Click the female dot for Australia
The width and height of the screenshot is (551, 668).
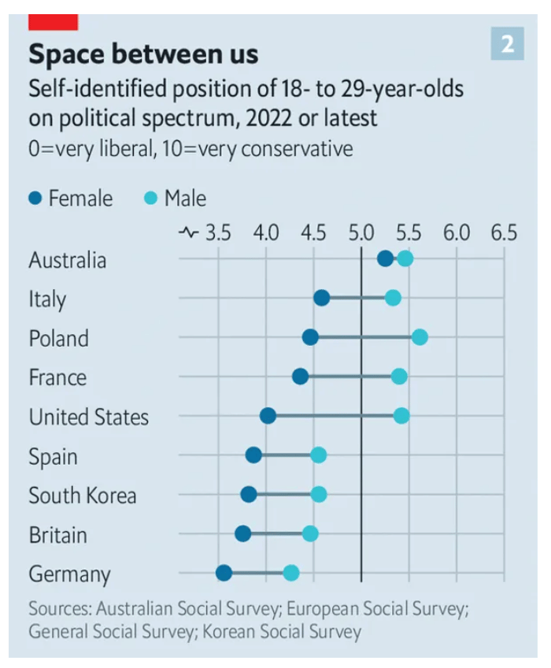[384, 258]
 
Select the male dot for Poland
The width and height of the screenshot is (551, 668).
[420, 337]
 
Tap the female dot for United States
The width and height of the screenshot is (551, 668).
[268, 416]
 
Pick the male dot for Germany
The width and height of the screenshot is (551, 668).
[291, 573]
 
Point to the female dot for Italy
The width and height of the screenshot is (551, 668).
[321, 298]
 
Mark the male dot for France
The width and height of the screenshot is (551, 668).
[399, 377]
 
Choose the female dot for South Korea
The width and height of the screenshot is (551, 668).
[249, 495]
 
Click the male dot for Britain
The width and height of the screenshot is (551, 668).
[310, 534]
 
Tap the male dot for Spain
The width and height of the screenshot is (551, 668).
[318, 455]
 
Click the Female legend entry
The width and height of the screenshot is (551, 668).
[71, 199]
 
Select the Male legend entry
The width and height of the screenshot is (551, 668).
[176, 199]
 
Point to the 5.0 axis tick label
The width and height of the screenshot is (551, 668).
[361, 233]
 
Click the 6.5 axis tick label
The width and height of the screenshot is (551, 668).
[504, 233]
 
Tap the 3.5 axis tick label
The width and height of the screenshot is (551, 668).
[218, 233]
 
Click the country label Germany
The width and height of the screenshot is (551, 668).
[69, 574]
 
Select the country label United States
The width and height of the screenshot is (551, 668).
[88, 417]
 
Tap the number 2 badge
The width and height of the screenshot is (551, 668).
[507, 43]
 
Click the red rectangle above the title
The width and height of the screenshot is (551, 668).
[53, 22]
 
